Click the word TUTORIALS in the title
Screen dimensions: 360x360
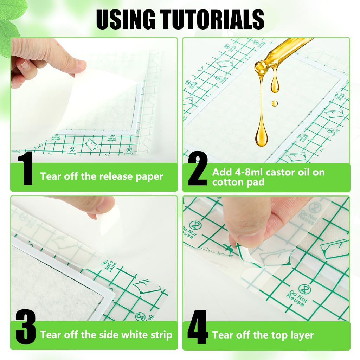[212, 20]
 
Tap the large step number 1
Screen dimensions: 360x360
[25, 168]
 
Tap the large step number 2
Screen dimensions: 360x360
[198, 168]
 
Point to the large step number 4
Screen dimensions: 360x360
[198, 327]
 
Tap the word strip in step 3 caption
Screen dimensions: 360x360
[161, 335]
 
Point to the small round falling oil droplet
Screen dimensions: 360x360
[274, 103]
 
